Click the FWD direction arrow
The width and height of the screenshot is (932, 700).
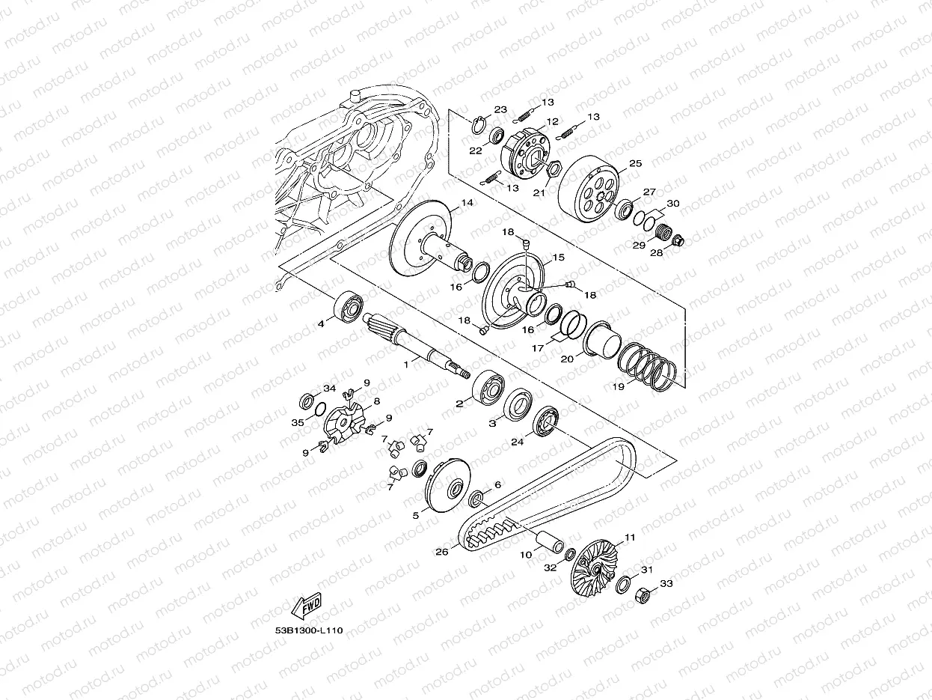307,605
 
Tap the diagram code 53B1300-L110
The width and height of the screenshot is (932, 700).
309,630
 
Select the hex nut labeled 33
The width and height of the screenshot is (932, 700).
644,595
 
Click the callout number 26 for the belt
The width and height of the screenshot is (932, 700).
441,552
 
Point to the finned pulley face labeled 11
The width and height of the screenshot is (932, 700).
592,567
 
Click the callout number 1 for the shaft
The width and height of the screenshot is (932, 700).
406,365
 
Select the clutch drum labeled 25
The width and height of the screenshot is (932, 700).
589,188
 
